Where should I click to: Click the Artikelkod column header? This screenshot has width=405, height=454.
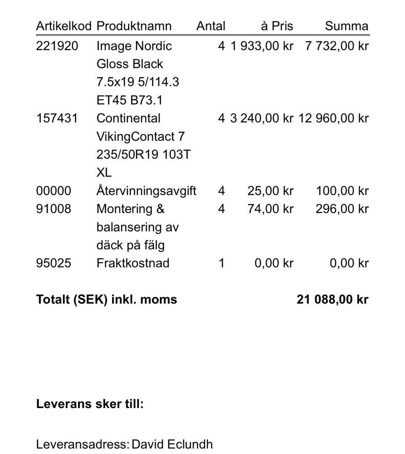(x=63, y=26)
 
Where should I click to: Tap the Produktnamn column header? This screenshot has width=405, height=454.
(x=134, y=26)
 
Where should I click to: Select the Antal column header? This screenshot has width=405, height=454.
(x=211, y=26)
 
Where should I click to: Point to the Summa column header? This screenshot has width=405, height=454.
(x=346, y=26)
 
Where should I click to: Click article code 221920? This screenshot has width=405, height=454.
(x=57, y=46)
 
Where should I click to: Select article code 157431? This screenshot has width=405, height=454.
(x=57, y=118)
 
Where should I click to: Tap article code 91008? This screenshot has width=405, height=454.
(x=54, y=209)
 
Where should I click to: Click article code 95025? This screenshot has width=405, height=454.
(x=54, y=263)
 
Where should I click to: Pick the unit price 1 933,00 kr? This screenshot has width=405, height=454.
(x=262, y=46)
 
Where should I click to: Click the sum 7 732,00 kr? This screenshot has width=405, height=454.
(x=337, y=46)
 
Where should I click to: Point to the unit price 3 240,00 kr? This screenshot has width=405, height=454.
(x=262, y=118)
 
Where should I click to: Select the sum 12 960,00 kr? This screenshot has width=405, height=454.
(x=333, y=118)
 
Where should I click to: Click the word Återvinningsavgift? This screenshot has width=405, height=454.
(x=146, y=191)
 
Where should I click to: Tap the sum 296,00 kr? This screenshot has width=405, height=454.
(x=342, y=209)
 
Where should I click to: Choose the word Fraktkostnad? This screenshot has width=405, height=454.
(x=133, y=263)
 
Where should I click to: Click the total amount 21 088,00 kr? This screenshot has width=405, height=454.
(x=332, y=300)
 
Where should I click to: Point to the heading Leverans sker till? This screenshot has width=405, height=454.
(x=90, y=404)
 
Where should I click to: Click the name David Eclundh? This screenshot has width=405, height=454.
(x=172, y=444)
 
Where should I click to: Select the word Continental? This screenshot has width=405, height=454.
(x=128, y=118)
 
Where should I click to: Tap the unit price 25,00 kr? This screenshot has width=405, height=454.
(x=270, y=191)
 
